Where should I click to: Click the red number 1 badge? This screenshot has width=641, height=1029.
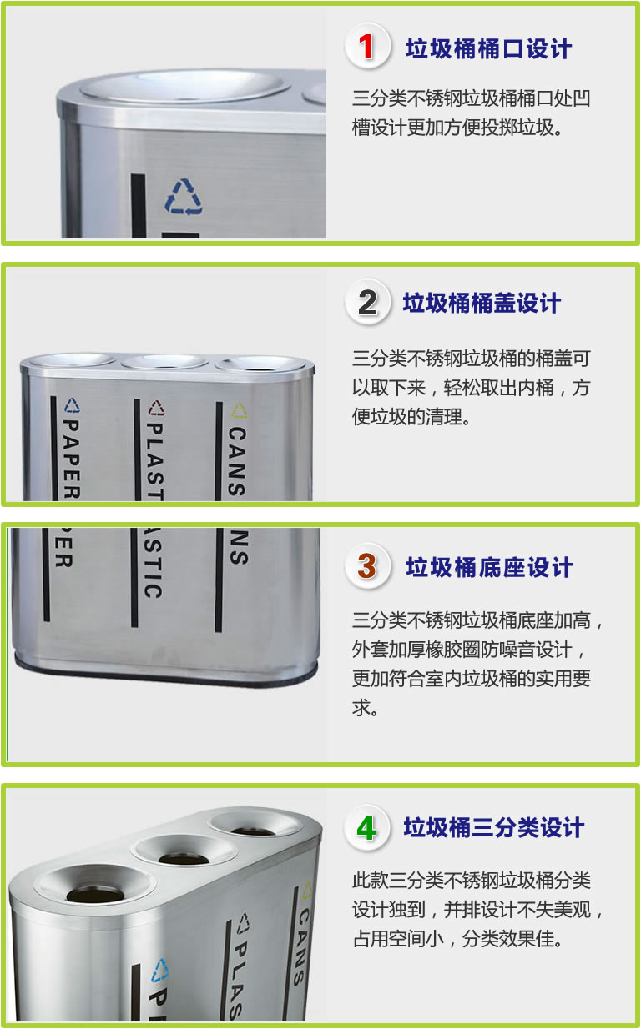[x=367, y=47]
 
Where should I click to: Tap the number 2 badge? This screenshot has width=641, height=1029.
[x=367, y=302]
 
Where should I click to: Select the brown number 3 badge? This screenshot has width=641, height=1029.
[x=367, y=566]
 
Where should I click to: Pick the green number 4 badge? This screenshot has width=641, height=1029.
[x=367, y=827]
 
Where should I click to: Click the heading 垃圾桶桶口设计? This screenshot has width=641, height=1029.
[x=489, y=48]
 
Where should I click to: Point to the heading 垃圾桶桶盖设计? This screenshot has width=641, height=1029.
[x=482, y=303]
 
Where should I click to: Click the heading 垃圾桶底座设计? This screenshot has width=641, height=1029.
[x=489, y=567]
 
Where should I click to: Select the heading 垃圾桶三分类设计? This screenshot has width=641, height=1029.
[x=494, y=828]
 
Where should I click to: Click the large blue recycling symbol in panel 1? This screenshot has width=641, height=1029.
[x=184, y=197]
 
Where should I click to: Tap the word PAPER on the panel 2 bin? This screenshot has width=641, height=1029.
[x=70, y=459]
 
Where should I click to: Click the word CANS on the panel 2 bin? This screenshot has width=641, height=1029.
[x=237, y=461]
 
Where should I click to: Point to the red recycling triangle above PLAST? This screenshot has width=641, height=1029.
[x=156, y=408]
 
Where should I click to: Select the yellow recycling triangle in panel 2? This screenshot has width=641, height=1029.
[x=239, y=410]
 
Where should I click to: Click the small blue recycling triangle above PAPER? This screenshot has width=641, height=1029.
[x=72, y=405]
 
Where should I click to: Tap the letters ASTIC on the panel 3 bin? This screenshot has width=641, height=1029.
[x=153, y=563]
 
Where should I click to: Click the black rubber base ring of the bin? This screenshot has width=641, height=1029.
[x=165, y=674]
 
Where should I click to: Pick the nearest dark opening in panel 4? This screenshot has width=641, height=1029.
[x=95, y=895]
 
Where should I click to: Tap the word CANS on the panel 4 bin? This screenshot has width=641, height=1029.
[x=301, y=947]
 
